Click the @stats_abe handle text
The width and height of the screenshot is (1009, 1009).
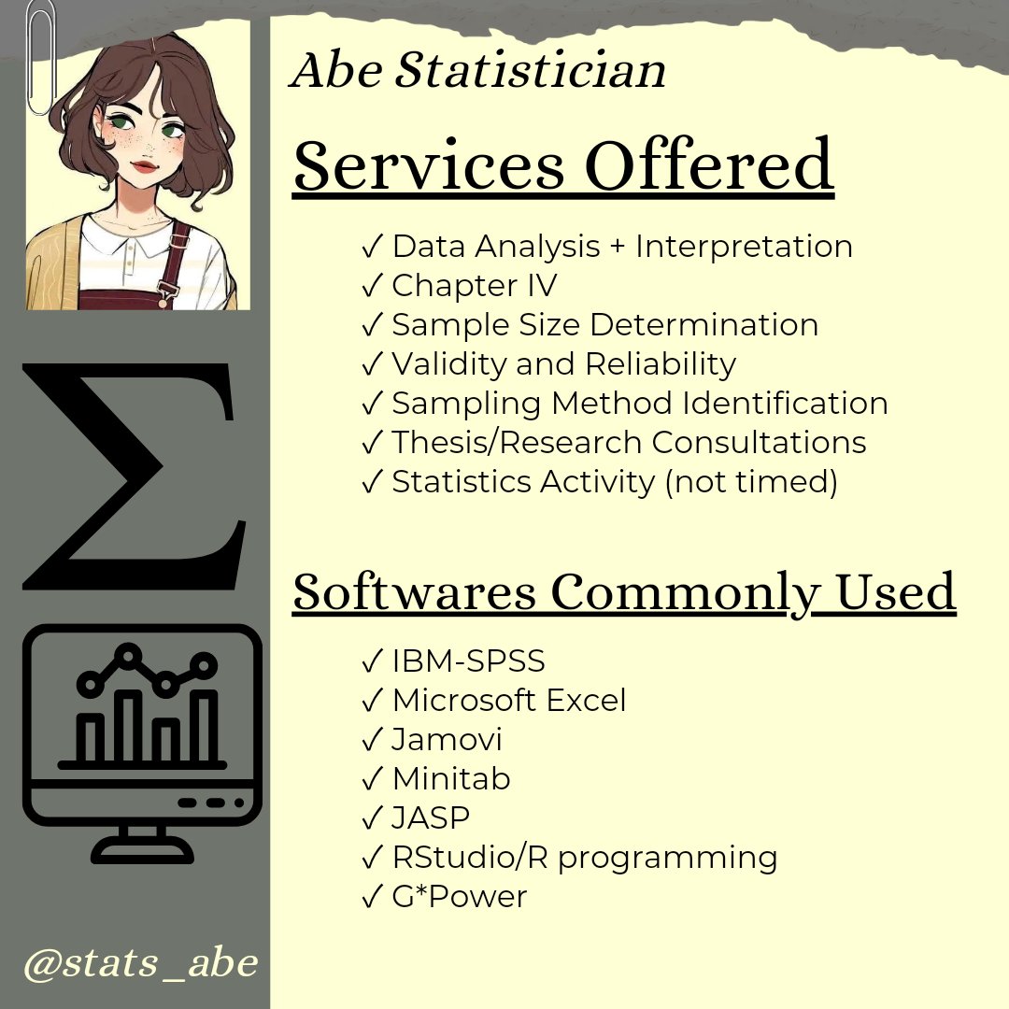click(140, 963)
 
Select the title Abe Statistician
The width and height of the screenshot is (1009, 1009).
click(477, 71)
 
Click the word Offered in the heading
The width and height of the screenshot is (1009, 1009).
click(709, 165)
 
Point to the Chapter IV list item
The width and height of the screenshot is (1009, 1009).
click(474, 286)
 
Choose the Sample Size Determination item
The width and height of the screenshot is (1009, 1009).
click(604, 325)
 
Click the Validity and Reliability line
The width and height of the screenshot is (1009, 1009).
click(563, 363)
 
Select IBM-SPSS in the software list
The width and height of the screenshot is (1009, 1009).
click(468, 661)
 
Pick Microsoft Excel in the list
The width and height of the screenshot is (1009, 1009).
click(509, 701)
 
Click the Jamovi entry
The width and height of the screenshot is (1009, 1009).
click(447, 740)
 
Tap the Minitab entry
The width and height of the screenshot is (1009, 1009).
click(451, 779)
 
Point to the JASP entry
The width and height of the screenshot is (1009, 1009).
click(431, 818)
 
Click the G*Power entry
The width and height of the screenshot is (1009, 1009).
click(459, 898)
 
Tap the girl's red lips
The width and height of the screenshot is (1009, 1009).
click(143, 166)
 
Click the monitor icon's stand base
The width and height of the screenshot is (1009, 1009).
click(143, 853)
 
